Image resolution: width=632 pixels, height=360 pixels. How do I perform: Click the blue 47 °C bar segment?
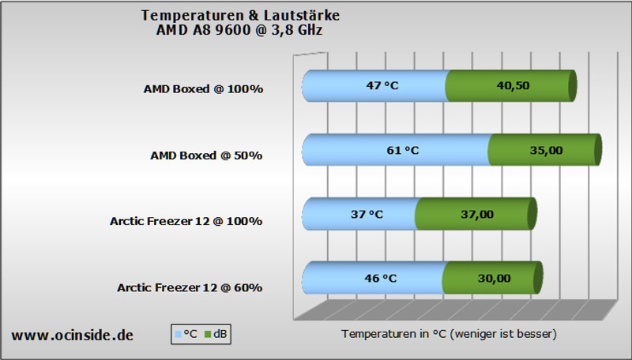coord(374,85)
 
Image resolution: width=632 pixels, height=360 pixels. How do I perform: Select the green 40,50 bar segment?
coord(511,85)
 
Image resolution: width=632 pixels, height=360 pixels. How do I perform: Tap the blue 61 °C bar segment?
coord(397,150)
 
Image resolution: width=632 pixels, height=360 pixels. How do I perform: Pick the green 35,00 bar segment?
coord(545,150)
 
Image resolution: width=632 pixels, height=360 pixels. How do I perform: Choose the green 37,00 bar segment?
coord(476,214)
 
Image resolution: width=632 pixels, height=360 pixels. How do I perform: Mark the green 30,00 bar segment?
coord(492,278)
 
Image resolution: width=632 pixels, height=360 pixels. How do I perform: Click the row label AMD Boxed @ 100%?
coord(204,89)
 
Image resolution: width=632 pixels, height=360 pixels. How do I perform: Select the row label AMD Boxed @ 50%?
coord(206,156)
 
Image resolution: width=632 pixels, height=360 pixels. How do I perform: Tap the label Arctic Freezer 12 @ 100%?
coord(186,221)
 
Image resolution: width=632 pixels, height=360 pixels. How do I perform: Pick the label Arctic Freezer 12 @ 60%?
coord(190,287)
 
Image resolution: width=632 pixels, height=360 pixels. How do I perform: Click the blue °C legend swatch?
coord(179,334)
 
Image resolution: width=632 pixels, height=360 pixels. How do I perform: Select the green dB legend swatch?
coord(208,334)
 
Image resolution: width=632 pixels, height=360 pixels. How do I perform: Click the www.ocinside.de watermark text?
coord(72,335)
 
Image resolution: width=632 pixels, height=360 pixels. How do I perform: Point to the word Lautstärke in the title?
coord(302,15)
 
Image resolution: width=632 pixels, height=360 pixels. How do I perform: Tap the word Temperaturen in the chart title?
coord(193,16)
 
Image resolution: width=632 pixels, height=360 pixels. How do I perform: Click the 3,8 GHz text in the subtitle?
coord(297,30)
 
